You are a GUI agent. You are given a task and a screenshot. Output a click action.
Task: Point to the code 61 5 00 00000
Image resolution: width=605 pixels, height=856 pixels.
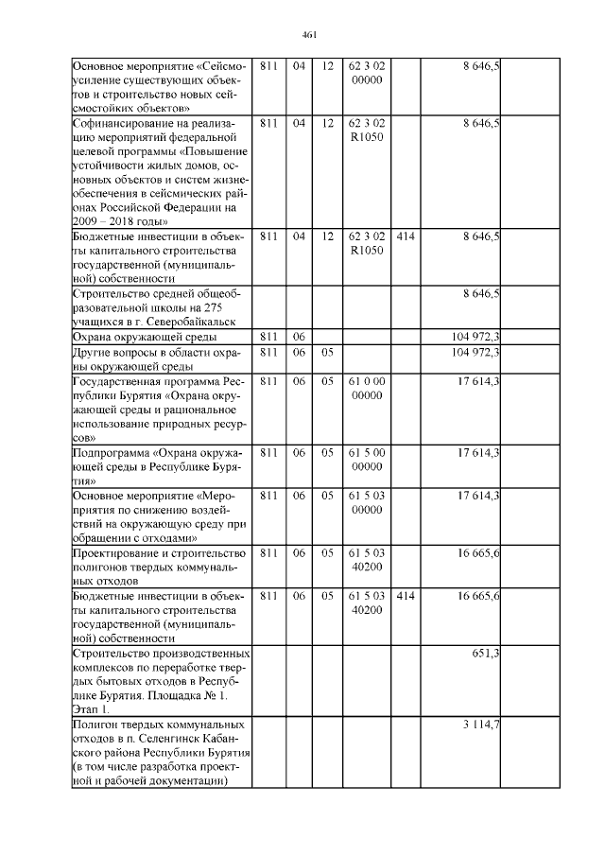click(x=365, y=460)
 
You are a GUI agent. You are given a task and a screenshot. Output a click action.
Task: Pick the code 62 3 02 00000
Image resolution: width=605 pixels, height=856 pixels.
click(x=365, y=73)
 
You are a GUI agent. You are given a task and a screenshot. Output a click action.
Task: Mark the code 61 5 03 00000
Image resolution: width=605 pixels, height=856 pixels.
click(x=365, y=502)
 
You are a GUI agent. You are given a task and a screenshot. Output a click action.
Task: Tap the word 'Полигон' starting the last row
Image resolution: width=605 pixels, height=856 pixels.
click(x=95, y=724)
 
